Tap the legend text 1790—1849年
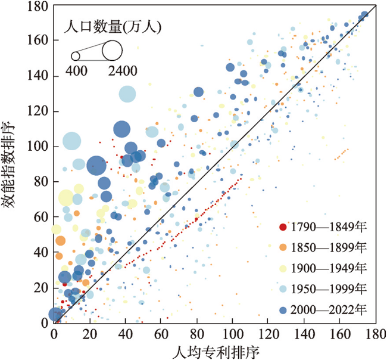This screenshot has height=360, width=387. pos(327,226)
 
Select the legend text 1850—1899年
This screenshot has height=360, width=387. pos(327,247)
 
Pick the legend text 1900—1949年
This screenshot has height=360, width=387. pos(327,268)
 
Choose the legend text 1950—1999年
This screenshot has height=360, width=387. pos(327,288)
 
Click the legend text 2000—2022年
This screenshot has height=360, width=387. pos(327,309)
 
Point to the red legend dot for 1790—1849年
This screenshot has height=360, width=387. pos(282,226)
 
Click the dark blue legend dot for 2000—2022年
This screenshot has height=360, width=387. pos(282,309)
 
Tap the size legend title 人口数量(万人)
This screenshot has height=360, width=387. pos(113,27)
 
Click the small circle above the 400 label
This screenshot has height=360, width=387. pos(76,57)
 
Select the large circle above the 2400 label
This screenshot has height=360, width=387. pos(111,51)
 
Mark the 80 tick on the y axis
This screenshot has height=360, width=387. pos(44,181)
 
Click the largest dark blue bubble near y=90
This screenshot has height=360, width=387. pos(96,166)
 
